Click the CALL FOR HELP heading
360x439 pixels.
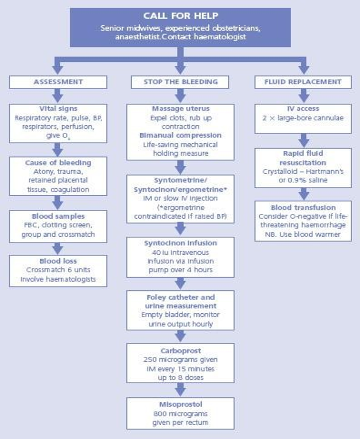point(180,16)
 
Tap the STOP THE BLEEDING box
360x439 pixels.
point(180,82)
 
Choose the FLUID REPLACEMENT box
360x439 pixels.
point(303,82)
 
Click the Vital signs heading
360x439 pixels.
point(58,109)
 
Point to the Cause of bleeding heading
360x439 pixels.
point(58,163)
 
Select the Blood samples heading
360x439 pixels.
point(58,217)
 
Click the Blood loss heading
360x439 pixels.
point(58,261)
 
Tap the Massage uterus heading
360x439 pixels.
point(180,109)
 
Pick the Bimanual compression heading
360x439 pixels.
point(180,135)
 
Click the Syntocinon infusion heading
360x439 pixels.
point(180,243)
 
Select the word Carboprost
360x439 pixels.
point(180,351)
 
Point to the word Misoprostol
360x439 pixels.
point(180,405)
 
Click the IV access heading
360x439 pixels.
point(303,109)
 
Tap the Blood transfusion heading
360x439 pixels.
point(303,207)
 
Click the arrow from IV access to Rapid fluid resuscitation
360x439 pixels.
point(303,140)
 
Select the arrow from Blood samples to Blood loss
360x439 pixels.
point(58,248)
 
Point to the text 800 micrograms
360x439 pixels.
point(180,414)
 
